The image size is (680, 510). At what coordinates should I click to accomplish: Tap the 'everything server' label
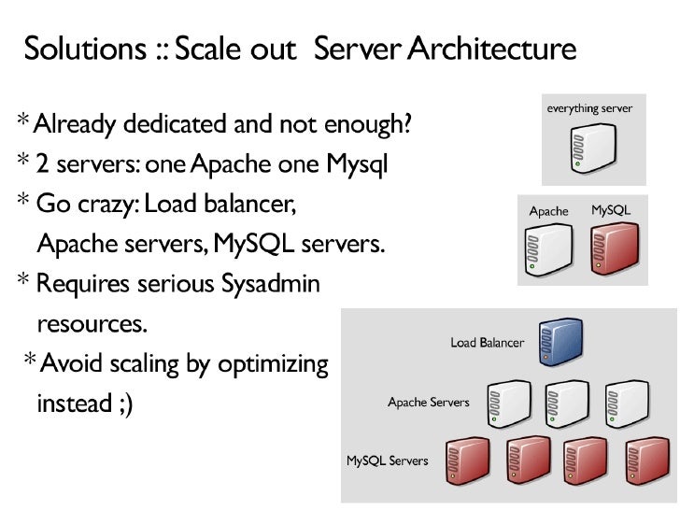point(589,108)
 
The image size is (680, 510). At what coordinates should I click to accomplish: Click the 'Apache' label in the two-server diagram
point(548,211)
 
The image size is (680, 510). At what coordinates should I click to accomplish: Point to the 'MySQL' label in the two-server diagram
point(611,211)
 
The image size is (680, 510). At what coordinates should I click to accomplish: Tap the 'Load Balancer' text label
point(487,343)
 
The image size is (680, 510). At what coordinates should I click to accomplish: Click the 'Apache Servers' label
point(429,404)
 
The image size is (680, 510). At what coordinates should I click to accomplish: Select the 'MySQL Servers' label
point(388,460)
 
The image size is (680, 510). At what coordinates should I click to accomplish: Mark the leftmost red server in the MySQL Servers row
point(467,460)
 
